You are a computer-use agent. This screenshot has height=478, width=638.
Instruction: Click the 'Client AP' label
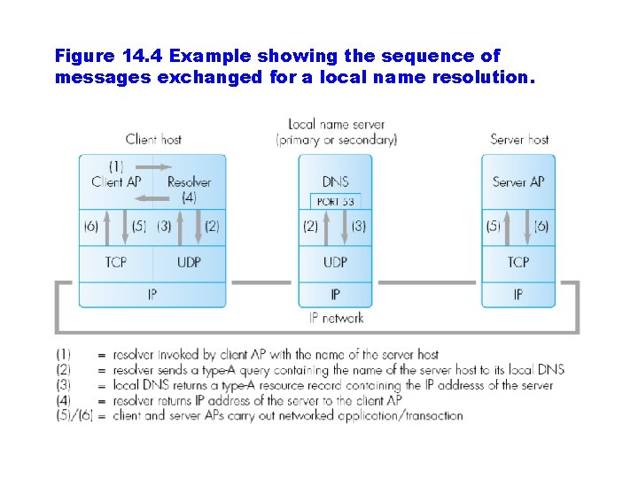coord(116,181)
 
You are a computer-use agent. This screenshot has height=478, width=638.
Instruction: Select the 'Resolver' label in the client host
coord(189,181)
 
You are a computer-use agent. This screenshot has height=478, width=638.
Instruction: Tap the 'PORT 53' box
coord(335,202)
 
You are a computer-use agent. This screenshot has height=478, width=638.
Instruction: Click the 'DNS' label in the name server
coord(335,181)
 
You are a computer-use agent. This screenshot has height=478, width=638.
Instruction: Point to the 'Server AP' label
coord(518,181)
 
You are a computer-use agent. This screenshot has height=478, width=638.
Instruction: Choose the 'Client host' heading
coord(153,139)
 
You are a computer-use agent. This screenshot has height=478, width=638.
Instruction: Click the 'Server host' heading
coord(519,139)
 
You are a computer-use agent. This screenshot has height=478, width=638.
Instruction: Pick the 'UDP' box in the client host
coord(189,262)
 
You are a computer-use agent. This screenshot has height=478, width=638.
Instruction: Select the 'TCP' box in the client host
coord(116,262)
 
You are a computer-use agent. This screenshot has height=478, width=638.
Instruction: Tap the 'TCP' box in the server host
coord(518,262)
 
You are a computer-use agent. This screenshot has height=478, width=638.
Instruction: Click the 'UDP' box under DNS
coord(335,262)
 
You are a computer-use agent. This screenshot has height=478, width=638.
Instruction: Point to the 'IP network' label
coord(336,318)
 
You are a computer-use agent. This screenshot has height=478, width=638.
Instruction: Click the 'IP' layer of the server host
coord(518,294)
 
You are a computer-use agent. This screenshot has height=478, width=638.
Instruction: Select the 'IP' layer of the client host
coord(152,294)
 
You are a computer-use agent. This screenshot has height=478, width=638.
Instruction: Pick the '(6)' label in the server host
coord(541,227)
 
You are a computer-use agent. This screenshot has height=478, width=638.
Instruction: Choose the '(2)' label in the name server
coord(310,227)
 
